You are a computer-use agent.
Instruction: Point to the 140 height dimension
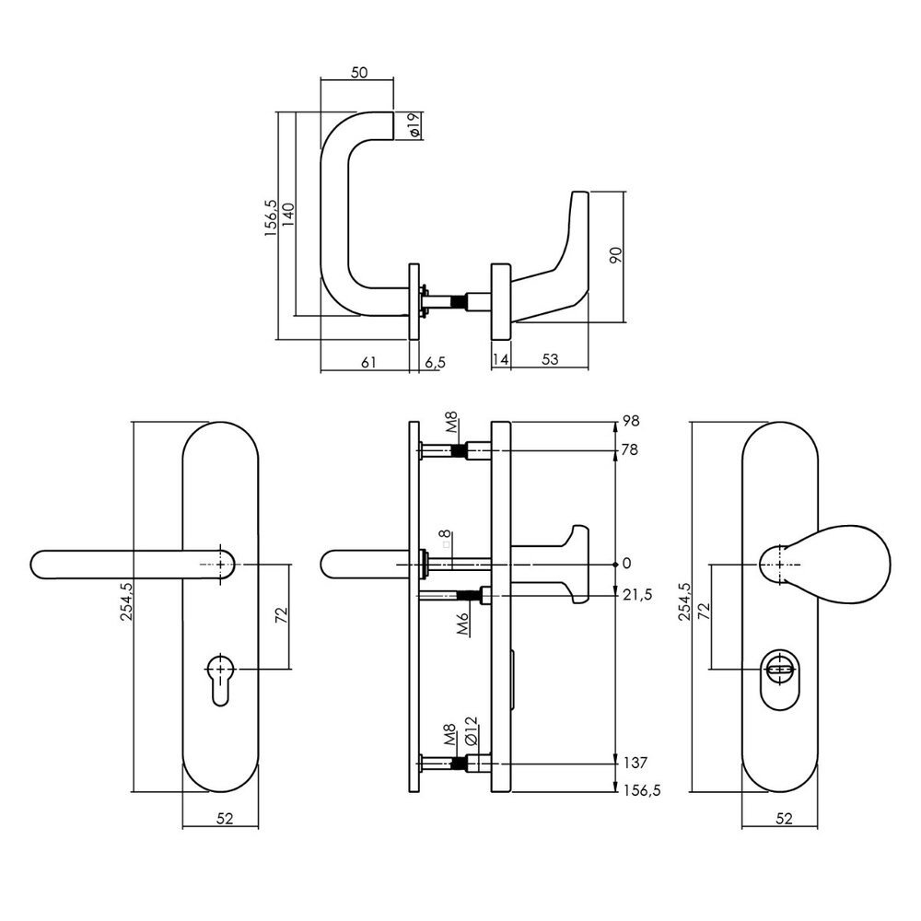click(x=288, y=216)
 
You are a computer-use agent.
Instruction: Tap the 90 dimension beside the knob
click(x=616, y=255)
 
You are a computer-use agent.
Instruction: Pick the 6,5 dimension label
click(x=436, y=363)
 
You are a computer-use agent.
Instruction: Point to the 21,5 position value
click(x=638, y=596)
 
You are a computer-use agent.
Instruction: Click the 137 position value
click(x=635, y=763)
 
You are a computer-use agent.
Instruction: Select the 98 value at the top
click(x=632, y=421)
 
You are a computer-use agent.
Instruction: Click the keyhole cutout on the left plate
click(x=218, y=677)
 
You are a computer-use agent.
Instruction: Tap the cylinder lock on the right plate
click(x=778, y=668)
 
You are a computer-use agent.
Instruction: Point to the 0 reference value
click(x=626, y=563)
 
